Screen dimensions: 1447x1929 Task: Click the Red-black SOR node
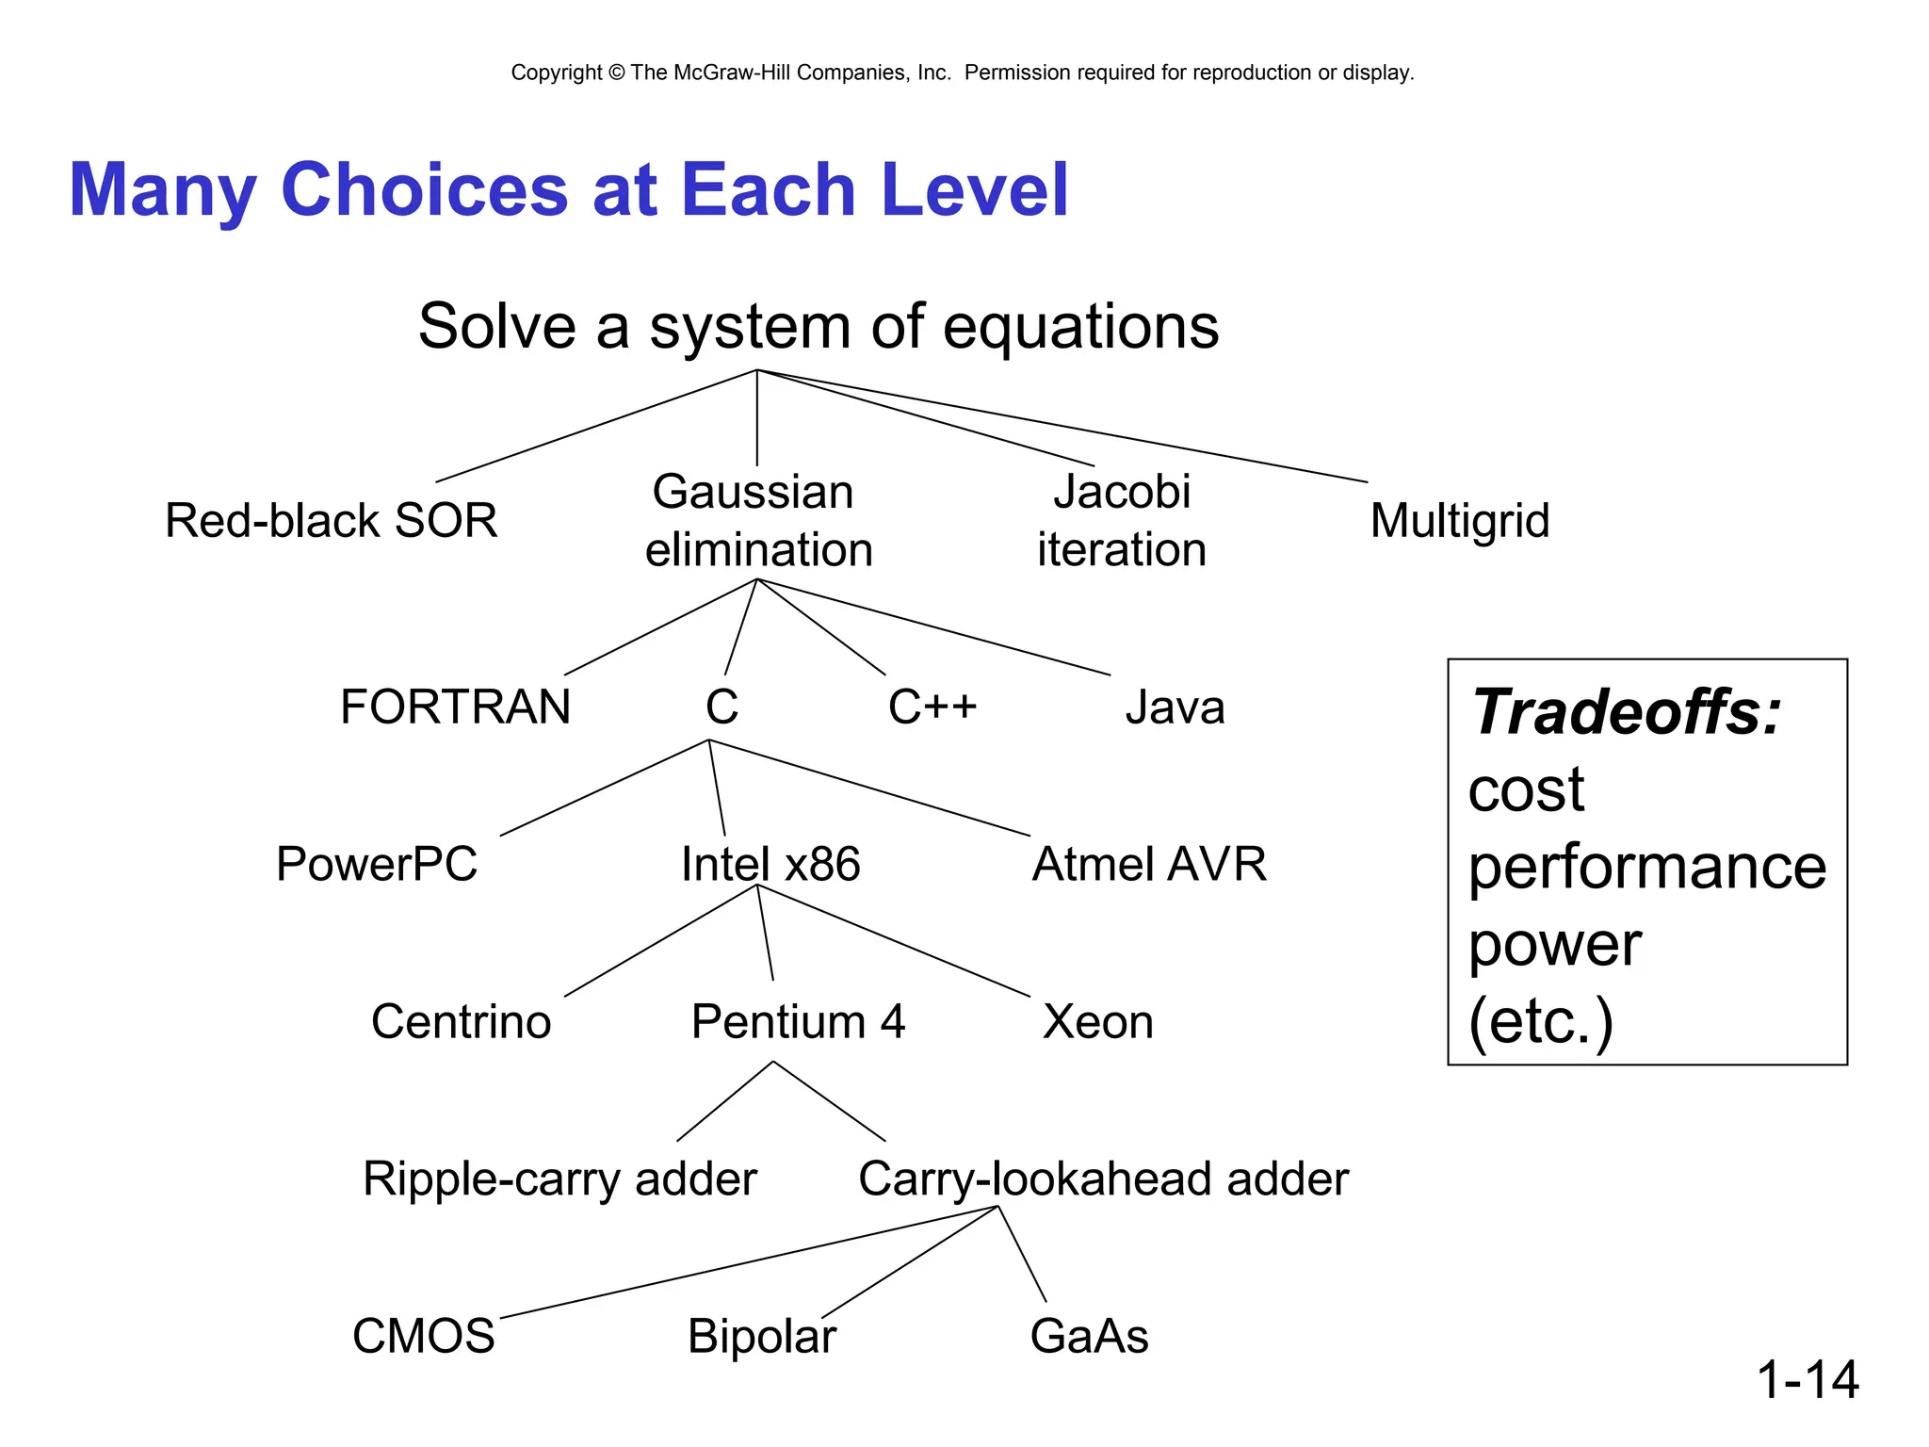click(331, 520)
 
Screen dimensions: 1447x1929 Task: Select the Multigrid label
click(1459, 520)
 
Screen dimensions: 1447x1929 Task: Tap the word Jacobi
click(1121, 491)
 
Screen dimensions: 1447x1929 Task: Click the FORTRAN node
click(455, 707)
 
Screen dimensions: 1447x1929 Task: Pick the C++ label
click(932, 707)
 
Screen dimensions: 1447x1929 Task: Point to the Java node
click(1175, 707)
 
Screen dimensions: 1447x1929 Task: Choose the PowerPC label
click(377, 864)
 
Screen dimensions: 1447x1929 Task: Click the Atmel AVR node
click(1149, 864)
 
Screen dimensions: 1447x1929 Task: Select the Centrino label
click(461, 1021)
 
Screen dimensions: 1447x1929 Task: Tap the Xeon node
click(1097, 1021)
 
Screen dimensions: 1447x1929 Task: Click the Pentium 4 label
click(798, 1021)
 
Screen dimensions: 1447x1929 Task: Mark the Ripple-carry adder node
click(559, 1179)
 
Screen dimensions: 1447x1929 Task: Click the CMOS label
click(423, 1336)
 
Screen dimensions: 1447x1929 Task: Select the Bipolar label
click(761, 1336)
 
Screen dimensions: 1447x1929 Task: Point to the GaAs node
click(1089, 1336)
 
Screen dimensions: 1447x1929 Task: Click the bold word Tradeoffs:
click(1627, 712)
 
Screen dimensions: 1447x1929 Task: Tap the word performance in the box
click(1646, 867)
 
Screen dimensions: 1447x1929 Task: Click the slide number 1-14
click(1807, 1379)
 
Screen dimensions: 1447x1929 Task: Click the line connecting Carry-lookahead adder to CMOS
click(749, 1261)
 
